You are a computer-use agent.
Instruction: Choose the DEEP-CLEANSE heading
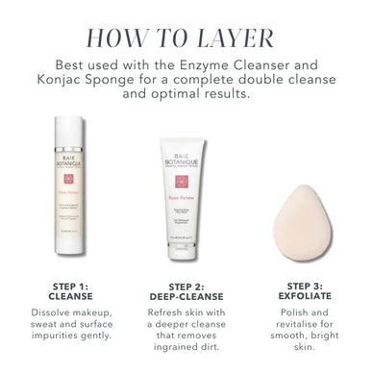click(x=186, y=296)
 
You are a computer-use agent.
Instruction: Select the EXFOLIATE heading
click(x=305, y=296)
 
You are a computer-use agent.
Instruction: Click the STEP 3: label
click(x=305, y=286)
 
